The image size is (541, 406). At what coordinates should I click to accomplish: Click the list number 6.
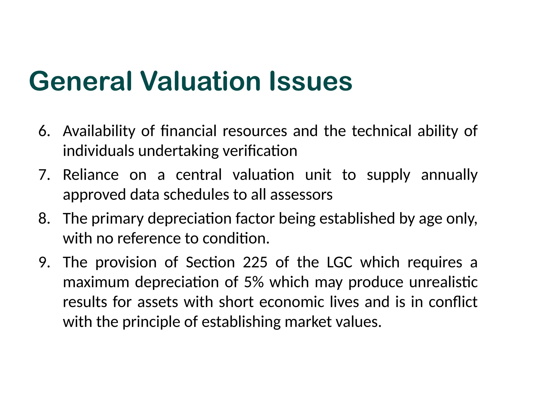44,131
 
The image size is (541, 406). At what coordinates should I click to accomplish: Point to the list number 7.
44,175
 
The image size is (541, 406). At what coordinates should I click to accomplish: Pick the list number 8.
44,219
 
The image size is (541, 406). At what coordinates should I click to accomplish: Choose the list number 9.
44,262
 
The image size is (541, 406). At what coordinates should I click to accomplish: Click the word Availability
99,131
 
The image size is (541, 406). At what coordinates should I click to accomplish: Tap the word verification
260,151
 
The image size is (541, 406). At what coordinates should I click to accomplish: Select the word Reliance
91,175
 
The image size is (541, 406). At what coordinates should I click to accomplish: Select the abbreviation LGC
339,262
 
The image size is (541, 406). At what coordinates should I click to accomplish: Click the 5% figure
254,282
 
